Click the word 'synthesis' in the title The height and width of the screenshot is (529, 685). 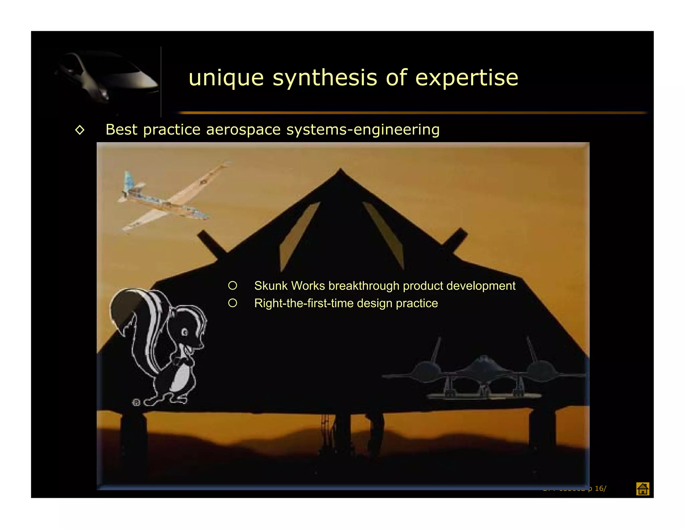tap(325, 78)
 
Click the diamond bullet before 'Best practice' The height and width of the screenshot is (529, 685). tap(80, 130)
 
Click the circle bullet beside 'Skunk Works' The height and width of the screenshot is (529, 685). tap(232, 286)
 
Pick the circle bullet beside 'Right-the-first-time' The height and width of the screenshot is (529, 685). tap(232, 303)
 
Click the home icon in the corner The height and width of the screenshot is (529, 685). tap(642, 489)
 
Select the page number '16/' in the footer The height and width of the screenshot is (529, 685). tap(600, 489)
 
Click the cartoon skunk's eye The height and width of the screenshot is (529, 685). tap(185, 332)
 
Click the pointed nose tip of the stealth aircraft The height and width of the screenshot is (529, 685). tap(340, 170)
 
